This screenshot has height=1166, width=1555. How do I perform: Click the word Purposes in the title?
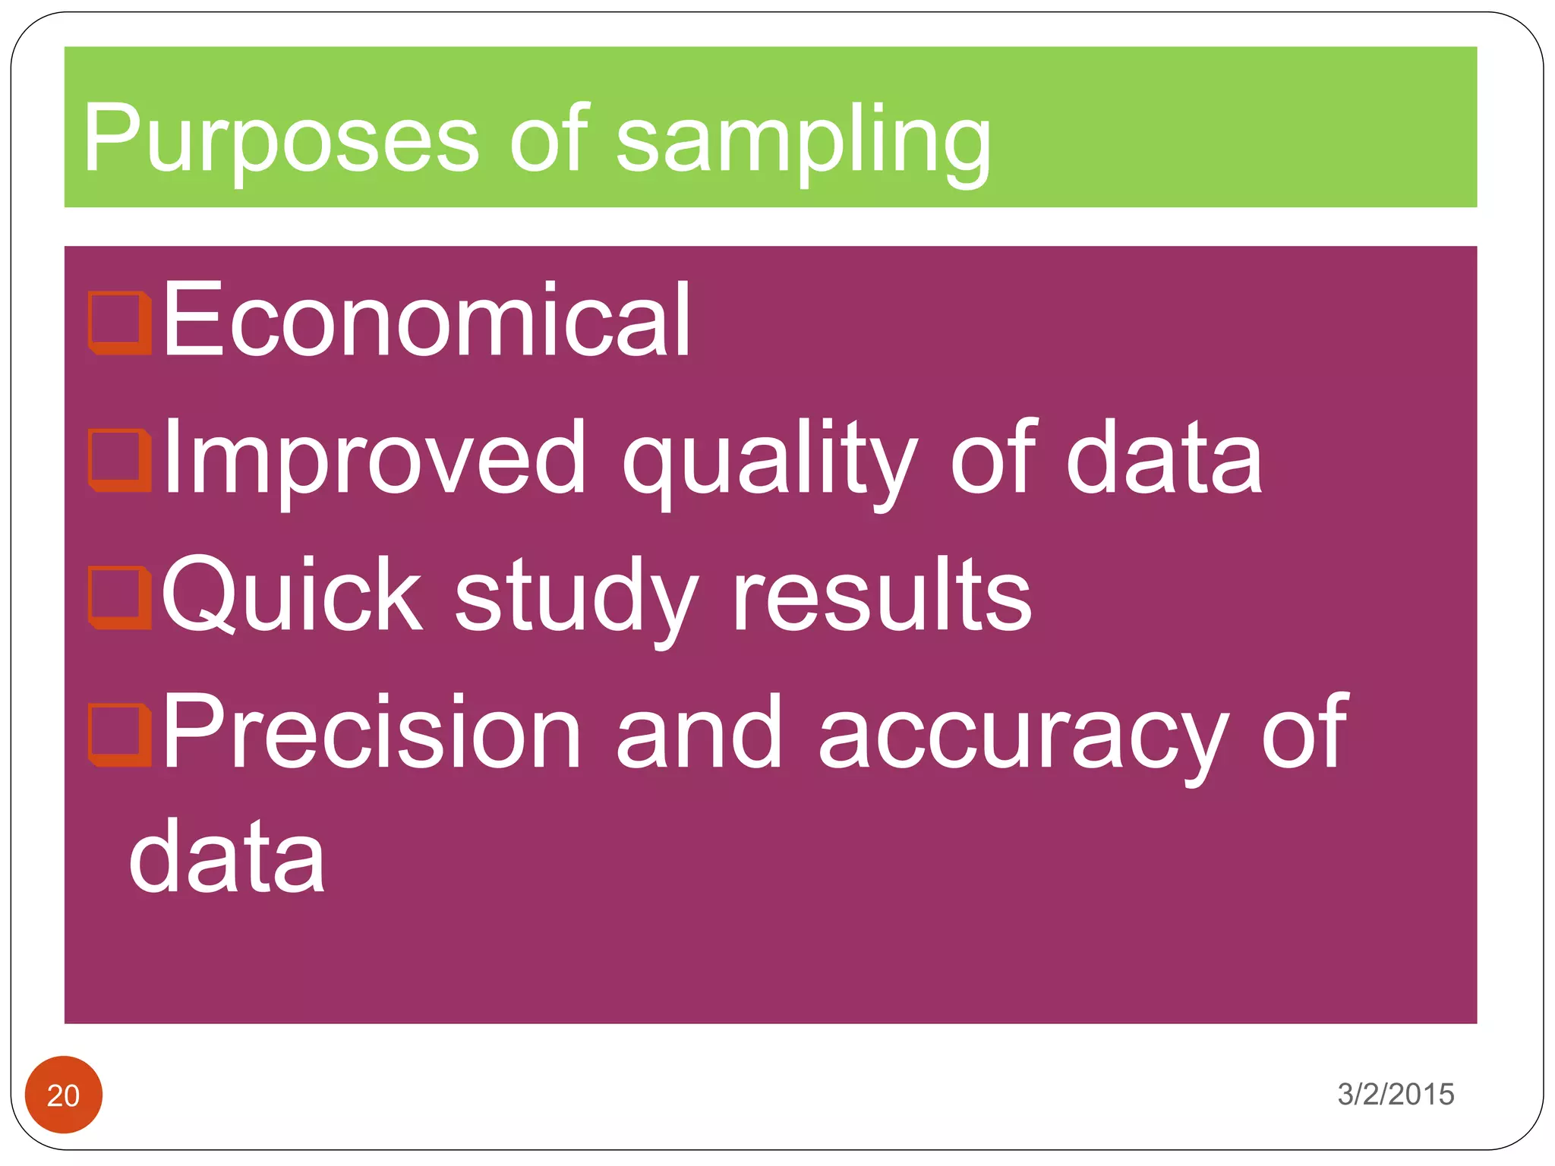click(281, 140)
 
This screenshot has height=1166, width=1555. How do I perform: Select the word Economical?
click(426, 319)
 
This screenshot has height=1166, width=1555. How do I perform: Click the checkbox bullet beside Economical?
click(119, 323)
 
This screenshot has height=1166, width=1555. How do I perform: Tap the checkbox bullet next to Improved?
click(119, 460)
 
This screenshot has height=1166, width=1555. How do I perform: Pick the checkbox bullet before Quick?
click(119, 597)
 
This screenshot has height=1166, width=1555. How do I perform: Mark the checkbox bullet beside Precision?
click(119, 735)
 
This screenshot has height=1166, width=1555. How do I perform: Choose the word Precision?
click(372, 733)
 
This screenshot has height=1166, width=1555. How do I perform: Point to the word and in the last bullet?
click(699, 733)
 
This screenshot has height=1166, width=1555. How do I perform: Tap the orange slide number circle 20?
click(64, 1095)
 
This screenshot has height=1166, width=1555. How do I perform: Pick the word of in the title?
click(549, 140)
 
